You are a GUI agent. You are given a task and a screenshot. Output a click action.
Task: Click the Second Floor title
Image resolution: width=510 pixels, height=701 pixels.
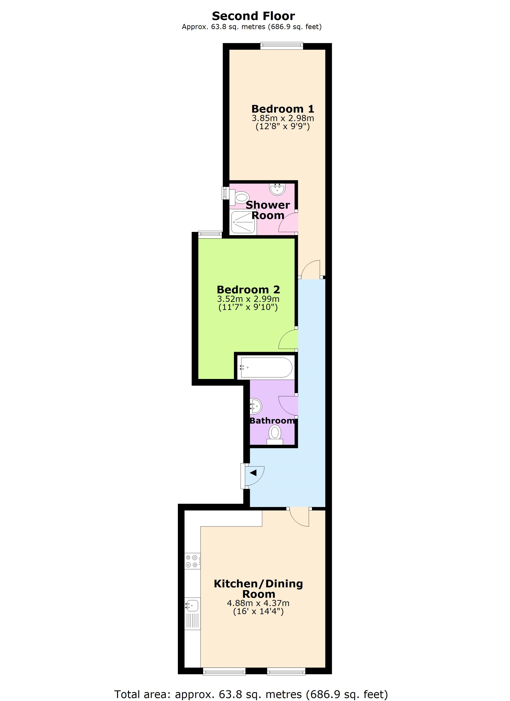[x=253, y=16]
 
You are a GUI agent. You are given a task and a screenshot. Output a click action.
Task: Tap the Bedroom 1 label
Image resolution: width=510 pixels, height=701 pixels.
[x=282, y=109]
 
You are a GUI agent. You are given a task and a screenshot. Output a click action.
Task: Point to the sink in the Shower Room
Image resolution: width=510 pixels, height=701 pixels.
[x=277, y=189]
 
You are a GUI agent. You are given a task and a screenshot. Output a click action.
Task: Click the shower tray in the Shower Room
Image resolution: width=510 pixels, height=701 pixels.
[x=244, y=221]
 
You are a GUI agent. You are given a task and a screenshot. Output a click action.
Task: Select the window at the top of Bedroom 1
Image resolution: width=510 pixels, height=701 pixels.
[x=281, y=46]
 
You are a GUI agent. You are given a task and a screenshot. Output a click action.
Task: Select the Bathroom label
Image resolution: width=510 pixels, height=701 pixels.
[x=272, y=421]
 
